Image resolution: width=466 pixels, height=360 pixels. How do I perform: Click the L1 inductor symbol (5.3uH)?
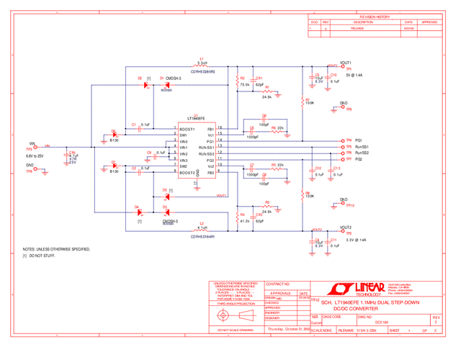[x=202, y=67]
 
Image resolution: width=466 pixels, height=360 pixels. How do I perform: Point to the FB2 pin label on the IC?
[x=210, y=173]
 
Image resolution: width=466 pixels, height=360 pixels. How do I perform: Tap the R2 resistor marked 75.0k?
[x=237, y=82]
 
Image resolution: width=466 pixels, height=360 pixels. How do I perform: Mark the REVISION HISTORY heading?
[x=375, y=17]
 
